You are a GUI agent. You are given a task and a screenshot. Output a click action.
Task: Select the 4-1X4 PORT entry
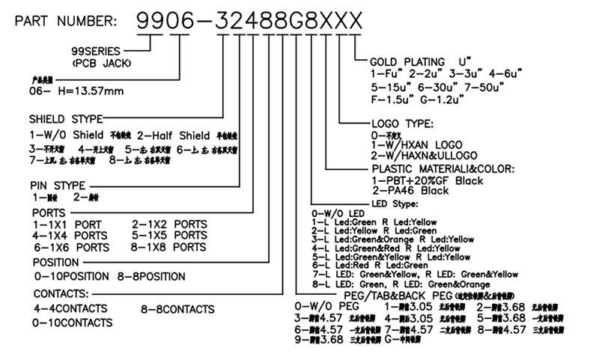tap(67, 235)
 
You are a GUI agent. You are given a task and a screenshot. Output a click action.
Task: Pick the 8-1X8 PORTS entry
tap(169, 247)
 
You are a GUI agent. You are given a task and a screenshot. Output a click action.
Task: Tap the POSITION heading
tap(55, 263)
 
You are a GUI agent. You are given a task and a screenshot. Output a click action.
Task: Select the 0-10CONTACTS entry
tap(72, 323)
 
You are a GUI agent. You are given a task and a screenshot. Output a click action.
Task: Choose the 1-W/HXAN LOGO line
tap(417, 144)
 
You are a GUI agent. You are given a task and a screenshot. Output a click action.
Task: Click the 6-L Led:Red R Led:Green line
tap(370, 265)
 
